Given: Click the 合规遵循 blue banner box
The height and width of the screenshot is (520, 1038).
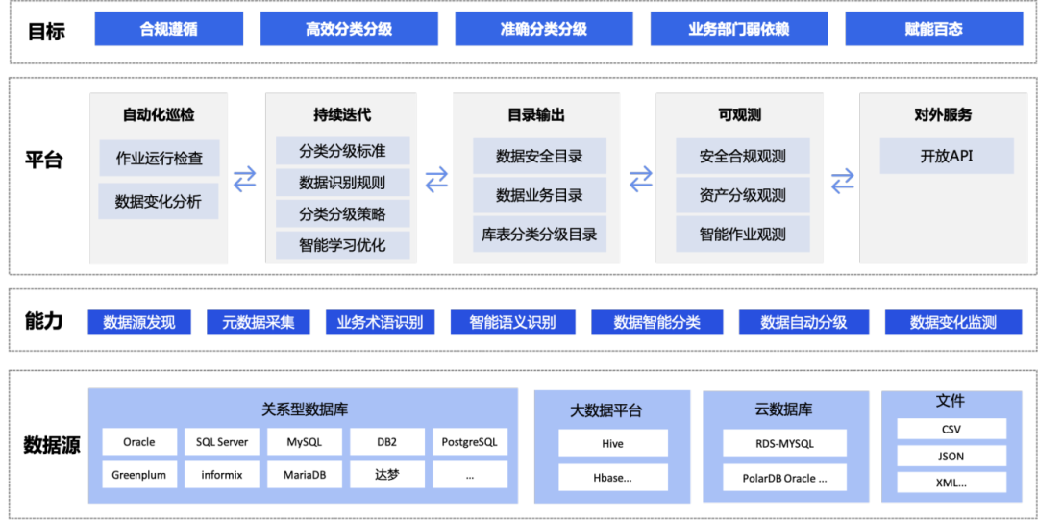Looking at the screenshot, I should [x=168, y=29].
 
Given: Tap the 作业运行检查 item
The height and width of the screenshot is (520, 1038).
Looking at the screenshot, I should [x=159, y=158].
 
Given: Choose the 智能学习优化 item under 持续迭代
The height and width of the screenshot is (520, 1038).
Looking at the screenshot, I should [x=342, y=244].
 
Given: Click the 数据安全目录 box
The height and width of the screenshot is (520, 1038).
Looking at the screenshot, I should [x=539, y=156].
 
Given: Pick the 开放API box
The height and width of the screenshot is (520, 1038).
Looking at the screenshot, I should [x=946, y=156].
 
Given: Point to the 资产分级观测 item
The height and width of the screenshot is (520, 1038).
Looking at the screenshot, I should [x=742, y=195].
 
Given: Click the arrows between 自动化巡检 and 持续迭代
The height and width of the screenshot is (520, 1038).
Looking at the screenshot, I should [x=245, y=179].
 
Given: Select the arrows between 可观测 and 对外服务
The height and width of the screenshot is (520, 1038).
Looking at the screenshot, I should [x=843, y=180].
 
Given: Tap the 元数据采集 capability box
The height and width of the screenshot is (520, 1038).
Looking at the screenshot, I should [x=259, y=322].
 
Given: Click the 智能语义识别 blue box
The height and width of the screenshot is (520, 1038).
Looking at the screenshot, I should [x=512, y=322].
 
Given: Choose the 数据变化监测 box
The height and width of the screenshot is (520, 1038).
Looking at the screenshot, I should [x=953, y=322].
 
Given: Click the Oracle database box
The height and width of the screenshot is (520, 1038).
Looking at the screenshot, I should [x=139, y=442].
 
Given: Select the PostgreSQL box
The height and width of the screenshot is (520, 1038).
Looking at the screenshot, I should [x=469, y=442].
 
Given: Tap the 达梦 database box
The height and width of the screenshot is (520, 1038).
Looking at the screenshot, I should [x=387, y=474].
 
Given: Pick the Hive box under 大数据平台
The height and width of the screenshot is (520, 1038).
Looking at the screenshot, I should [x=612, y=443].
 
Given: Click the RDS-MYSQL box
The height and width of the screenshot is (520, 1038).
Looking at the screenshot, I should [x=784, y=443].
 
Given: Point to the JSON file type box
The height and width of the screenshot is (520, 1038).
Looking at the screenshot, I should [x=951, y=456].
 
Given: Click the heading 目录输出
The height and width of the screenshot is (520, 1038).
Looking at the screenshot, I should [x=536, y=115].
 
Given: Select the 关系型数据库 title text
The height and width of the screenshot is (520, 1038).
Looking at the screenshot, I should [x=305, y=409].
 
